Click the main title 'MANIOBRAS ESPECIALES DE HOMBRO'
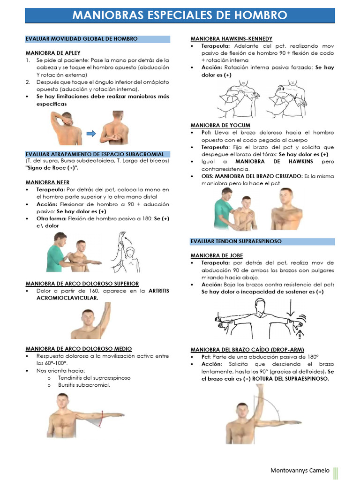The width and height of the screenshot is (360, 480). click(180, 15)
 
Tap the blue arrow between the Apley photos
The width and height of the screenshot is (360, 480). click(91, 134)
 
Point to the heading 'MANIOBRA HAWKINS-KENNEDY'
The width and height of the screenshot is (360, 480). click(231, 38)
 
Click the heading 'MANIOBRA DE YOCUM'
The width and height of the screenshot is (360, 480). click(220, 125)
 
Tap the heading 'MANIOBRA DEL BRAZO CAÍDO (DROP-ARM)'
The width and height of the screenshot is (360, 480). click(247, 349)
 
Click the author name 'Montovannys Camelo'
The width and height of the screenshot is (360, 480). click(300, 470)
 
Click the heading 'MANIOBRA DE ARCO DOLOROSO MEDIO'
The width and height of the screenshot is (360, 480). click(78, 349)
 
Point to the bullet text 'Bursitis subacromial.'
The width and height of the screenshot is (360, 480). click(84, 385)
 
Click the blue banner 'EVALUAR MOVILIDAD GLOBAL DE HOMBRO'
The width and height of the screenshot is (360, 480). click(82, 39)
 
